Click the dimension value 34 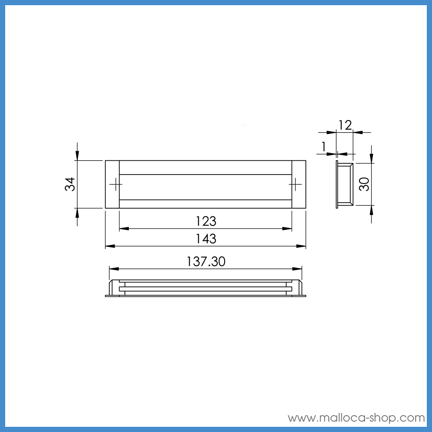tap(70, 184)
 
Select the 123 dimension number tap(206, 221)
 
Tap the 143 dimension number tap(206, 238)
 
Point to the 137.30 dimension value tap(206, 261)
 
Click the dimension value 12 tap(345, 125)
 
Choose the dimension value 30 tap(364, 184)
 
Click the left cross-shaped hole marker tap(116, 184)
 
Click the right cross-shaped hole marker tap(295, 184)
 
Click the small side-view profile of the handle tap(344, 185)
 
